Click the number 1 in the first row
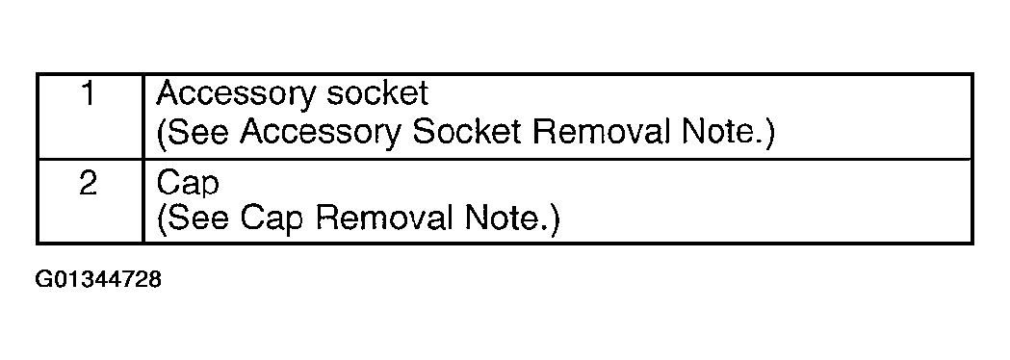coord(89,94)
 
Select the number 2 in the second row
coord(89,184)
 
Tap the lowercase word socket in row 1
coord(376,93)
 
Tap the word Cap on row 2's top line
coord(188,184)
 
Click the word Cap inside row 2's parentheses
coord(272,219)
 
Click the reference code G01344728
coord(98,279)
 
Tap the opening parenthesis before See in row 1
coord(161,133)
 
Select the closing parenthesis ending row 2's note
coord(555,219)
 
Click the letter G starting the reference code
coord(43,279)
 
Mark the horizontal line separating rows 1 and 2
coord(505,159)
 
